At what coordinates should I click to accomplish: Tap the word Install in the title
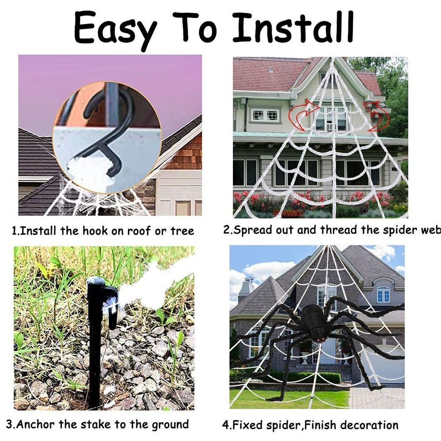tap(293, 27)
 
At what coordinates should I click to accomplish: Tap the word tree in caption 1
tap(182, 231)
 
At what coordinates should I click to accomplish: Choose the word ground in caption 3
tap(169, 425)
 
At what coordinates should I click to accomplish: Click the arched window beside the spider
tap(383, 294)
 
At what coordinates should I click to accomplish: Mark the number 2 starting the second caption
tap(226, 230)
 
